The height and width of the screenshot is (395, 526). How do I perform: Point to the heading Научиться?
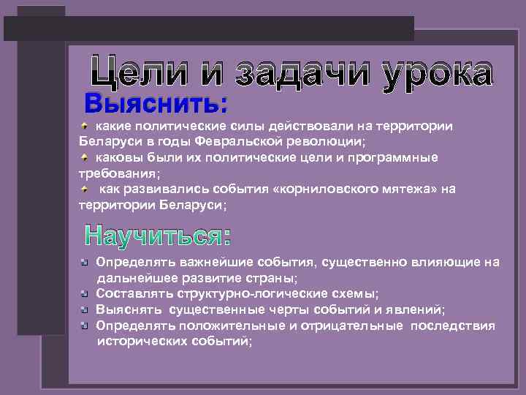[158, 236]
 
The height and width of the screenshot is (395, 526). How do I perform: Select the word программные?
[391, 157]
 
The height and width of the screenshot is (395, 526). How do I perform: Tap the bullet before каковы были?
[85, 157]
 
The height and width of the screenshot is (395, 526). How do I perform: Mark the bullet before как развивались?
[85, 189]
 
